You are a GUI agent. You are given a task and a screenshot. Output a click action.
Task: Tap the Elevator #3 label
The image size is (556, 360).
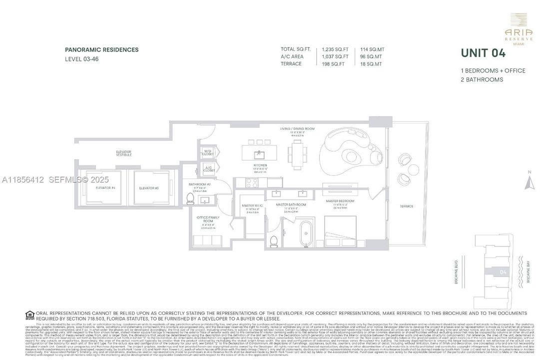[x=149, y=188]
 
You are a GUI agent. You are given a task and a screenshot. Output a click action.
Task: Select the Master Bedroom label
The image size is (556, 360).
[x=340, y=201]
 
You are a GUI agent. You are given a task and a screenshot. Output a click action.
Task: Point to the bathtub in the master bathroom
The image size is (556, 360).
[x=305, y=233]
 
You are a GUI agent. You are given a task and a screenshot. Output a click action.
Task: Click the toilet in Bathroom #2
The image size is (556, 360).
[x=189, y=199]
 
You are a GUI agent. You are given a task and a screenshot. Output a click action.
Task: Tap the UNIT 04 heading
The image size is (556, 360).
[x=483, y=52]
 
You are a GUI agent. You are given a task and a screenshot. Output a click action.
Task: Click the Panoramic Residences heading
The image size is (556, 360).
[x=101, y=49]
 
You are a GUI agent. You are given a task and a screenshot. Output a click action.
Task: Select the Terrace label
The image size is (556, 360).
[x=406, y=206]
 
